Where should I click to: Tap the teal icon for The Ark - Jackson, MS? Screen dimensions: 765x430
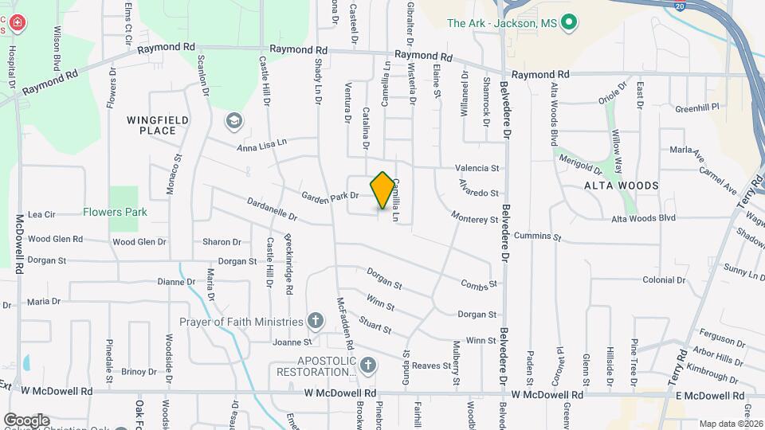(568, 24)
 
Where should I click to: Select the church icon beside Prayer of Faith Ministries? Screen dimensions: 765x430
(316, 322)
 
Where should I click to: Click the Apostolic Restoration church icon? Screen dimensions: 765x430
(367, 366)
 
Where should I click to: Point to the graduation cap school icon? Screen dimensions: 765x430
(234, 121)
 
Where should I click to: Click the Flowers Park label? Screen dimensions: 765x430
(114, 213)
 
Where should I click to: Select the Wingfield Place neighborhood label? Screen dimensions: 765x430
(158, 125)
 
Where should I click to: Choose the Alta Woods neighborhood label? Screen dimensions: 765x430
(622, 186)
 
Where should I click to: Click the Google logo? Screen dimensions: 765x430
(26, 420)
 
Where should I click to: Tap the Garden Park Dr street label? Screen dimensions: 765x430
(330, 195)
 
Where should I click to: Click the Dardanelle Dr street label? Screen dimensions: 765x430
(272, 208)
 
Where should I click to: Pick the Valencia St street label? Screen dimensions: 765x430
(477, 168)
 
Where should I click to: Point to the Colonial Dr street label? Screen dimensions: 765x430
(664, 280)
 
